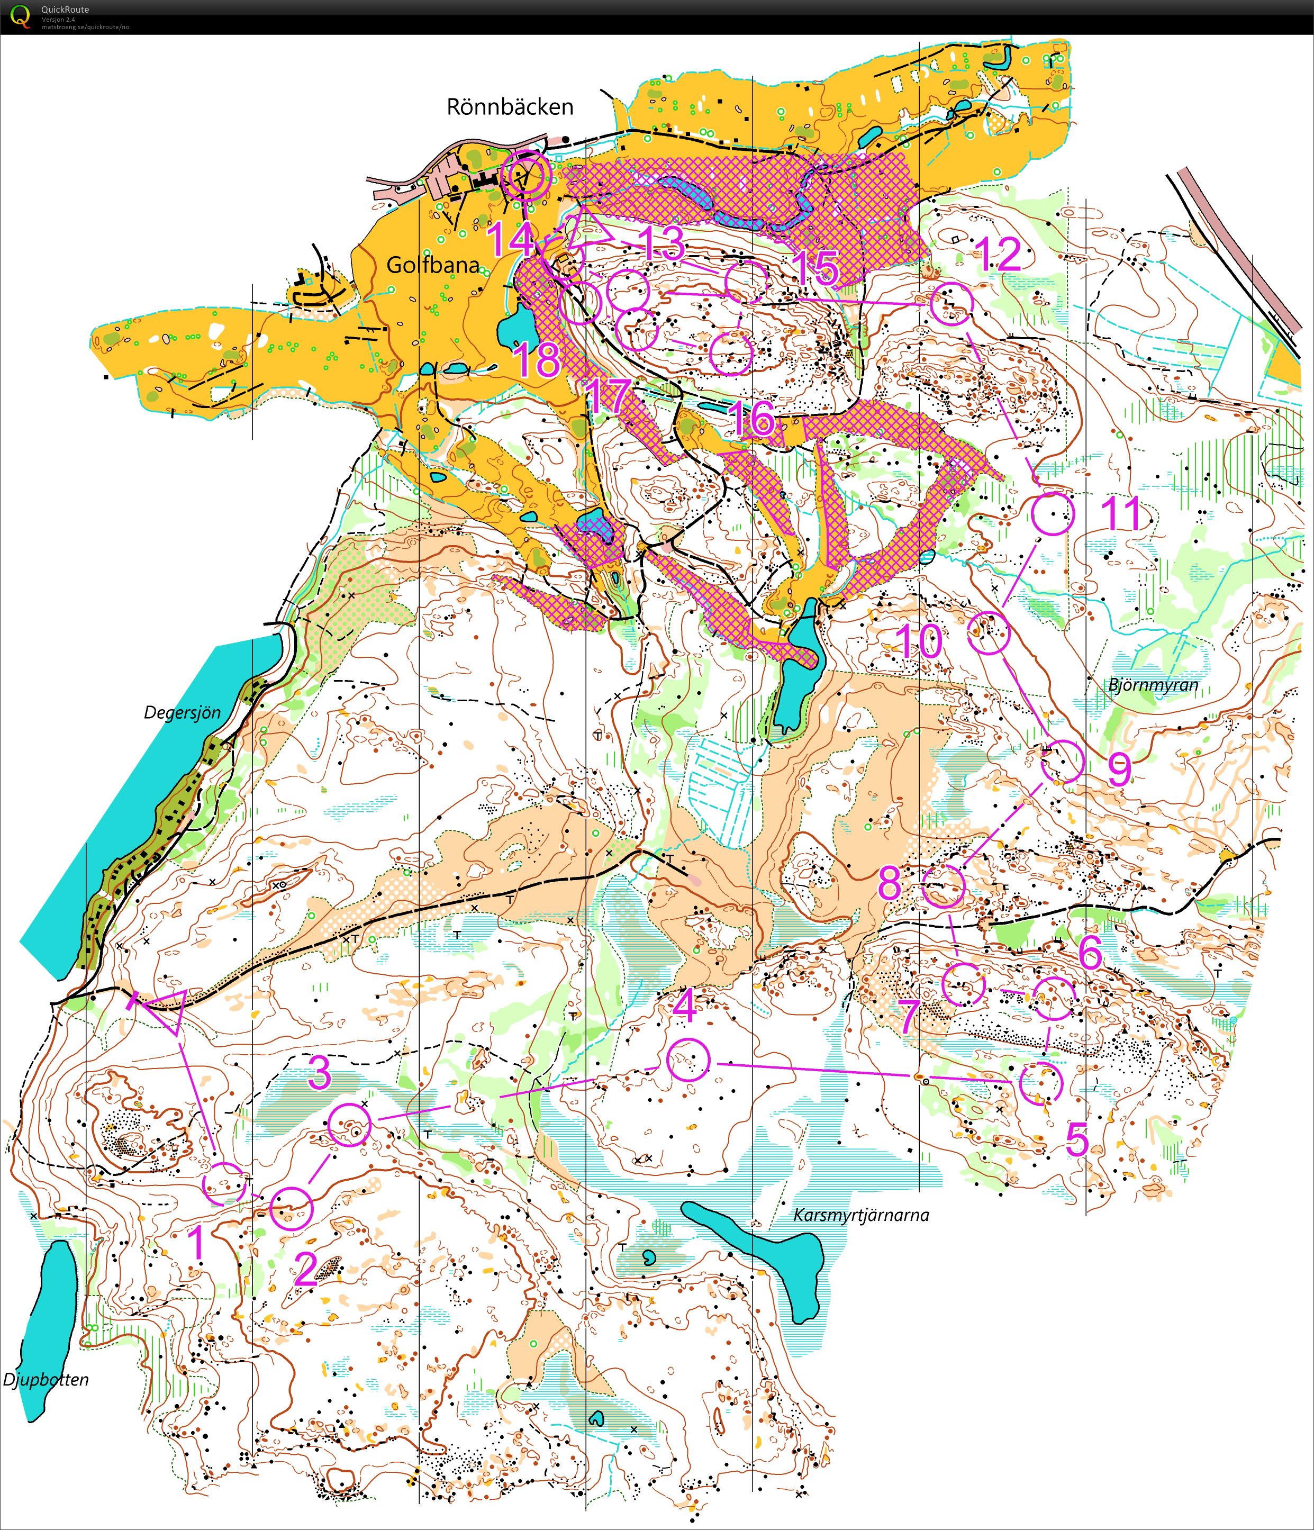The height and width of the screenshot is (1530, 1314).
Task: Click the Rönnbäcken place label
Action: (510, 107)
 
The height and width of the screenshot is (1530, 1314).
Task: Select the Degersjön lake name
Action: (183, 712)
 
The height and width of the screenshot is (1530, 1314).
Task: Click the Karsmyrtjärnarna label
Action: (861, 1215)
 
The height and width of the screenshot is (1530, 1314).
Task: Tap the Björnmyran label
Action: (1153, 684)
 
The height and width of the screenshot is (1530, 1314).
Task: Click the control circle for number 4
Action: (687, 1059)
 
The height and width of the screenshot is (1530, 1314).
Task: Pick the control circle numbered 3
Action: (348, 1125)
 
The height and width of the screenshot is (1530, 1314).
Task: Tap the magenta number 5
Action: (1077, 1142)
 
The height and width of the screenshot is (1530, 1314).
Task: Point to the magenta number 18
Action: (537, 360)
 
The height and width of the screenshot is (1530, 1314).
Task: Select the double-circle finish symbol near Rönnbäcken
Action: (525, 176)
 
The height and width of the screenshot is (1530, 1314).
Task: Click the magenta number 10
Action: (919, 641)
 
